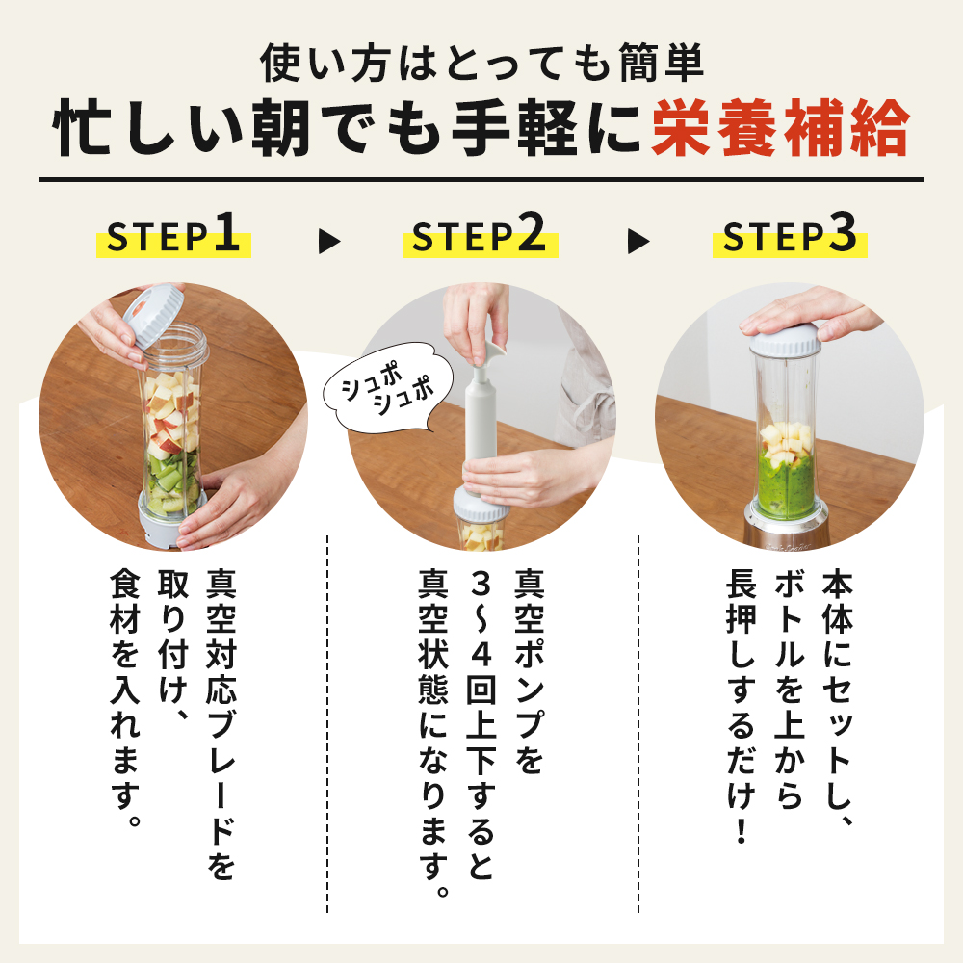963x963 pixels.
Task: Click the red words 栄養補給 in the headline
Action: (x=779, y=133)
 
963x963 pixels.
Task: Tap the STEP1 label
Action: (x=173, y=238)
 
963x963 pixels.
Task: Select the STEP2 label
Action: (x=480, y=238)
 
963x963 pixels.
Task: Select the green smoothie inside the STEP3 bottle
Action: (x=785, y=481)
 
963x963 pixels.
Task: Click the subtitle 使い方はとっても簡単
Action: (x=481, y=64)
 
